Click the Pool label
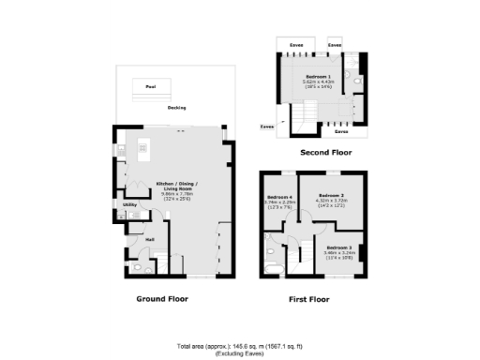tap(149, 87)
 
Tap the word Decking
tap(176, 108)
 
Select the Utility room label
tap(130, 204)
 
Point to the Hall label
tap(149, 238)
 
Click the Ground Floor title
tap(163, 299)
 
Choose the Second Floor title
tap(324, 151)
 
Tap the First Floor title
tap(314, 300)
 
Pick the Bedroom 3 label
tap(340, 246)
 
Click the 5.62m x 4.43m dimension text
tap(318, 82)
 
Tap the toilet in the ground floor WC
tap(137, 268)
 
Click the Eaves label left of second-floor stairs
tap(267, 124)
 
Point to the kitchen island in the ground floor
tap(143, 148)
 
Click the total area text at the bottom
tap(239, 347)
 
